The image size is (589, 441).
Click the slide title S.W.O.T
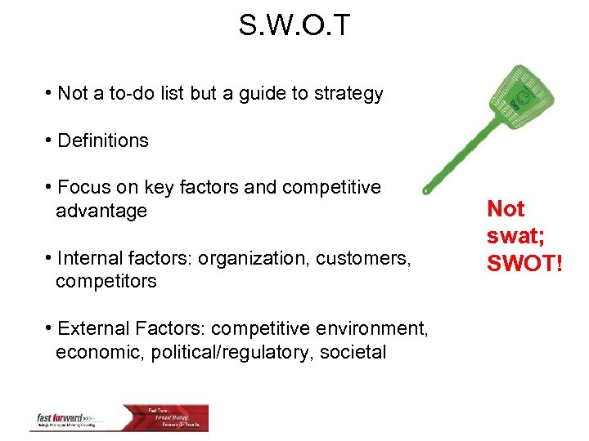coord(294,25)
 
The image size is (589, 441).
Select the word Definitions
coord(103,140)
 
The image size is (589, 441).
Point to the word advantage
coord(101,211)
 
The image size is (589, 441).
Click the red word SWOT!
coord(524,263)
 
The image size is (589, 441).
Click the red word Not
coord(506,210)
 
